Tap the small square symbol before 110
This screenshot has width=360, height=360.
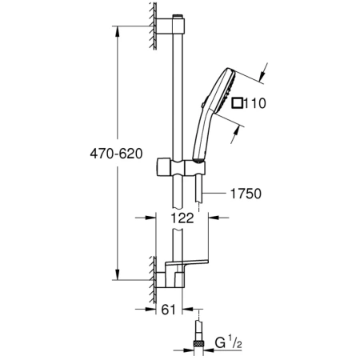[x=235, y=102]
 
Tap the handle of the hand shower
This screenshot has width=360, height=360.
[x=199, y=140]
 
